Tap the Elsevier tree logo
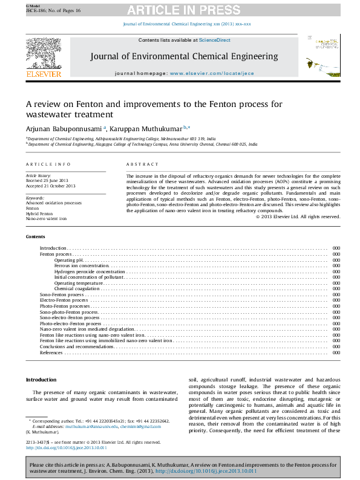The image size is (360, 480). pos(44,53)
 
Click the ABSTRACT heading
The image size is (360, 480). pos(142,164)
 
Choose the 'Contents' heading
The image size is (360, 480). pos(36,236)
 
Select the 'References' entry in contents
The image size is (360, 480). pos(51,352)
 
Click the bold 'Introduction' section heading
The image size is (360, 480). pos(41,379)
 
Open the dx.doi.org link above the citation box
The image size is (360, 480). pos(66,448)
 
